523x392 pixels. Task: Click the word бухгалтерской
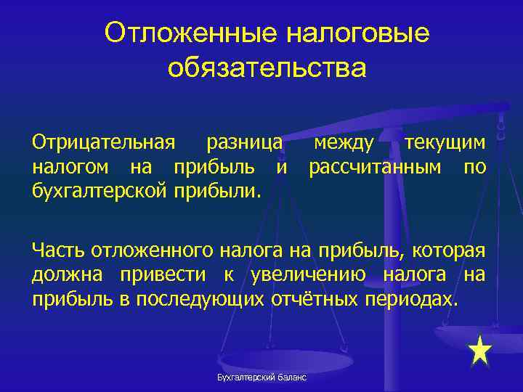point(98,194)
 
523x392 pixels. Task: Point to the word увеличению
point(313,276)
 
